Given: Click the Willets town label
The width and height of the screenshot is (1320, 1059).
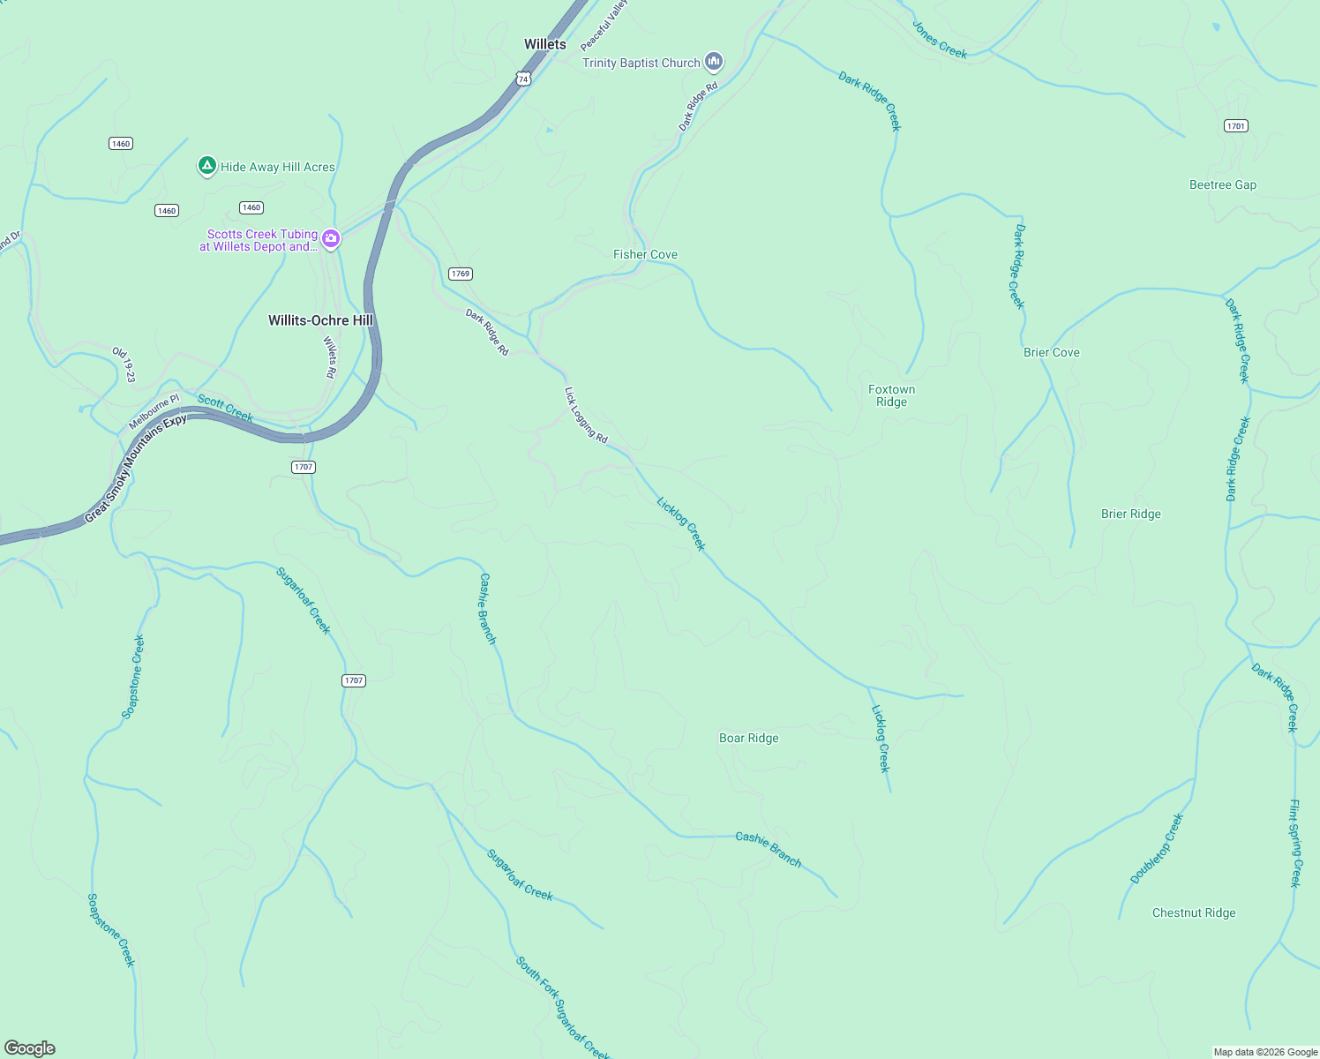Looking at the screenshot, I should tap(545, 44).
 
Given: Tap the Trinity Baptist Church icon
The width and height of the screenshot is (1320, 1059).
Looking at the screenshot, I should tap(715, 62).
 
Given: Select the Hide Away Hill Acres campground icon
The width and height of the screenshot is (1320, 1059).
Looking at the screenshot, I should tap(206, 166).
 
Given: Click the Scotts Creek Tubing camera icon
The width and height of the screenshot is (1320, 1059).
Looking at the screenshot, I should tap(331, 238).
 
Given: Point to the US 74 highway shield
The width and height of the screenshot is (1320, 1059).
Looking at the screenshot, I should tap(523, 79).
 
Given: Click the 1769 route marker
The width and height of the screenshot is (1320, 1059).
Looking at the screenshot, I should tap(461, 274).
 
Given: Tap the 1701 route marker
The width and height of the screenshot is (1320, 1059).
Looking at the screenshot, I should tap(1236, 126).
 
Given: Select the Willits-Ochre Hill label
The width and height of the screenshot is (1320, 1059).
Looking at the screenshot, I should tap(320, 320).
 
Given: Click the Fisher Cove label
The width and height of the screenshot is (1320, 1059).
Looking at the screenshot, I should tap(645, 254).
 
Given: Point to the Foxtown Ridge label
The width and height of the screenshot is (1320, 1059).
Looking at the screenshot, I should tap(891, 395).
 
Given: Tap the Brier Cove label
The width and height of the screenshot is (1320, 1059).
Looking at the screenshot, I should tap(1051, 352).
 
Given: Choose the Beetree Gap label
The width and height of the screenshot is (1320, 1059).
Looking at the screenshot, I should tap(1222, 184).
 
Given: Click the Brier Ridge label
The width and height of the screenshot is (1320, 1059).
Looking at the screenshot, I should tap(1130, 514).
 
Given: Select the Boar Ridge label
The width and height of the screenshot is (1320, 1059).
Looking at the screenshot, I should tap(748, 738).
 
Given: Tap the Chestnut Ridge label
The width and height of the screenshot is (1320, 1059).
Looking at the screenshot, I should tap(1193, 913).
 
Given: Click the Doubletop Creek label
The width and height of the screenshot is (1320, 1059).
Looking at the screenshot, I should tap(1156, 849).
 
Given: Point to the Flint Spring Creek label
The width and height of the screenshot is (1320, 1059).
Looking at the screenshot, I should tap(1294, 843).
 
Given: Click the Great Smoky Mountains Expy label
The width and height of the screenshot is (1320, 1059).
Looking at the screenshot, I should tap(136, 469).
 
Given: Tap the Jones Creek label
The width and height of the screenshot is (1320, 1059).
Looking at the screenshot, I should tap(939, 41).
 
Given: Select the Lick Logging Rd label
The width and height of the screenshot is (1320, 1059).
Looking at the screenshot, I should tap(586, 415).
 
